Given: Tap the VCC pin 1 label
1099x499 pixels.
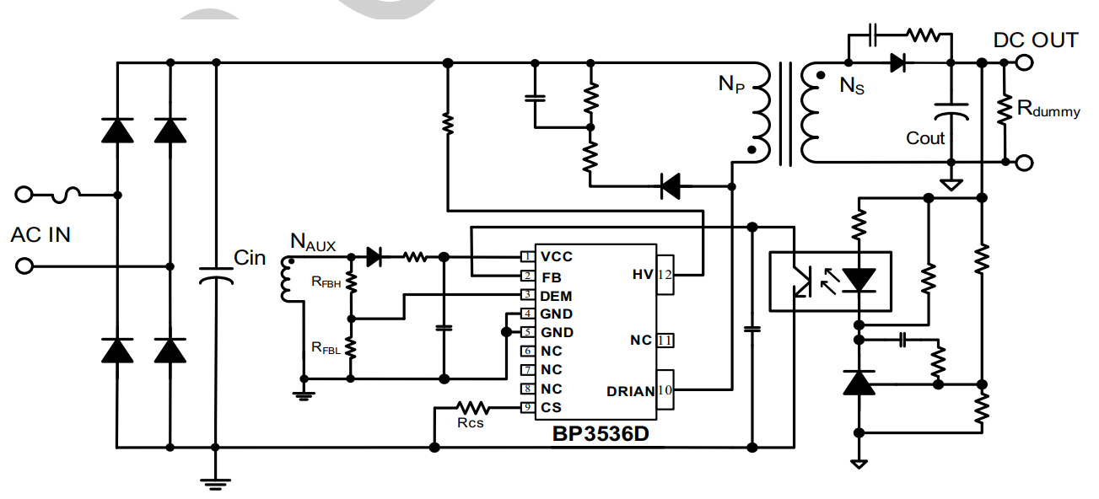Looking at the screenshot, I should (557, 256).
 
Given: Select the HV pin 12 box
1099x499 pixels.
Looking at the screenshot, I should (665, 275).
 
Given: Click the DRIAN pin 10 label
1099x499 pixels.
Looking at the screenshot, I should (630, 391).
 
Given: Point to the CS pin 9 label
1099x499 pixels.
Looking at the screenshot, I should (551, 408).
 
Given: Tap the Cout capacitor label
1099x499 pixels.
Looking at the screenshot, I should (925, 138).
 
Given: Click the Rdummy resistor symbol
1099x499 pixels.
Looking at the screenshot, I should (1005, 110).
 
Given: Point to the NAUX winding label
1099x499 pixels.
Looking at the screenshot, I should (313, 242).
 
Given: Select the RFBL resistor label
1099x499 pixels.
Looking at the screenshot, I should (326, 348).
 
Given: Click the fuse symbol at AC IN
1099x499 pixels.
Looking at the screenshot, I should (66, 195).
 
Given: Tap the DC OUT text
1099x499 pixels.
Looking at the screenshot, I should (1035, 40).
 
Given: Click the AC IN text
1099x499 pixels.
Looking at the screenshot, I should (40, 234).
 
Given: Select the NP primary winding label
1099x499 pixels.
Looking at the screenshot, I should (731, 83).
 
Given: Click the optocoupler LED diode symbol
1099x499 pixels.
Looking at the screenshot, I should (859, 279).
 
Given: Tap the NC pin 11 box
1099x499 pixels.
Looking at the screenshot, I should (665, 341).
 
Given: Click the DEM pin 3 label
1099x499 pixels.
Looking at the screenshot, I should (556, 296).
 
